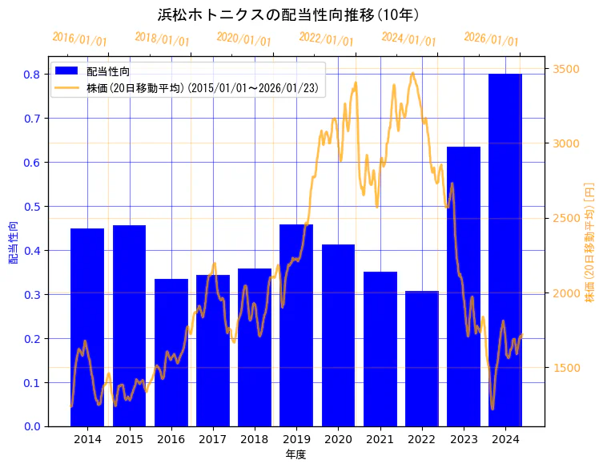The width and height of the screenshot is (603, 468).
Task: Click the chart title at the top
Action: point(289,14)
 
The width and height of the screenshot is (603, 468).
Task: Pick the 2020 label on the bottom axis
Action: point(338,440)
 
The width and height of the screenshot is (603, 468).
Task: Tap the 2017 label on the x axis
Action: point(213,440)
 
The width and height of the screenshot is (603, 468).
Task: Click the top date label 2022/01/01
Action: point(326,39)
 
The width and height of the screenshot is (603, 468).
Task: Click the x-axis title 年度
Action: point(295,454)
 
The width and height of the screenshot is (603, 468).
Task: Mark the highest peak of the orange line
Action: point(412,73)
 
